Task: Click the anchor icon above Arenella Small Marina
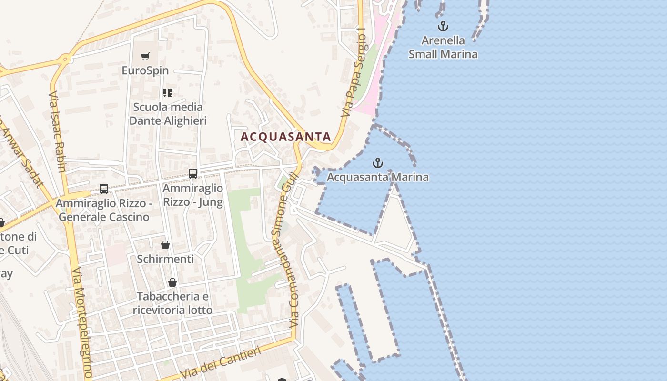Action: click(x=443, y=26)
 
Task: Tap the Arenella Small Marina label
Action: click(x=443, y=47)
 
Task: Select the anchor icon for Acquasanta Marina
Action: click(x=377, y=163)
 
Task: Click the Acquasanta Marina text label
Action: click(x=378, y=178)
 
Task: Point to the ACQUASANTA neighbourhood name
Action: click(x=285, y=137)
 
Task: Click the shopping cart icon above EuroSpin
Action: click(x=145, y=57)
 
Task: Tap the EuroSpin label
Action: click(x=145, y=70)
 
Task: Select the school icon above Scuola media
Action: click(x=168, y=92)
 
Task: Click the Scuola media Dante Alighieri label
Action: click(x=168, y=114)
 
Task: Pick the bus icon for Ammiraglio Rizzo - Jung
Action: click(x=193, y=174)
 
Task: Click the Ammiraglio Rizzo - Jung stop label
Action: click(x=193, y=195)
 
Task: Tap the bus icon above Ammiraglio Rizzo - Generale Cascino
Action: click(x=104, y=189)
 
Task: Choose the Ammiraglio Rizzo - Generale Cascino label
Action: click(x=103, y=210)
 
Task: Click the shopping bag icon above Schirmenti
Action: click(x=165, y=245)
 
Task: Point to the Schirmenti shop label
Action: click(x=165, y=259)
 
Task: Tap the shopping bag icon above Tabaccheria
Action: click(x=172, y=282)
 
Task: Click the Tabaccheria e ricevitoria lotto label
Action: click(x=172, y=303)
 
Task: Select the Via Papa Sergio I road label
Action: click(x=354, y=74)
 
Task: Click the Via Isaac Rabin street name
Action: click(x=57, y=131)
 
